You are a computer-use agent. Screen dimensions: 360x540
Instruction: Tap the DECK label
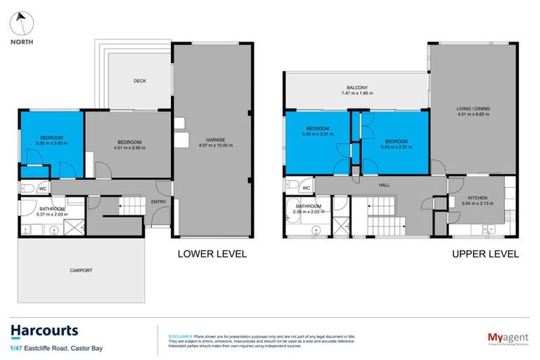coord(139,81)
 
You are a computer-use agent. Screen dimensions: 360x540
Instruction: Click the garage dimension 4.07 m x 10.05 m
coord(215,146)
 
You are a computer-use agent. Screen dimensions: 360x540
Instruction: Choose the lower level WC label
coord(43,188)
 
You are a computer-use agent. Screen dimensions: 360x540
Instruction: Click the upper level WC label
coord(306,188)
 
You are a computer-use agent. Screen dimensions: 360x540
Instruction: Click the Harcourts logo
coord(44,330)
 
